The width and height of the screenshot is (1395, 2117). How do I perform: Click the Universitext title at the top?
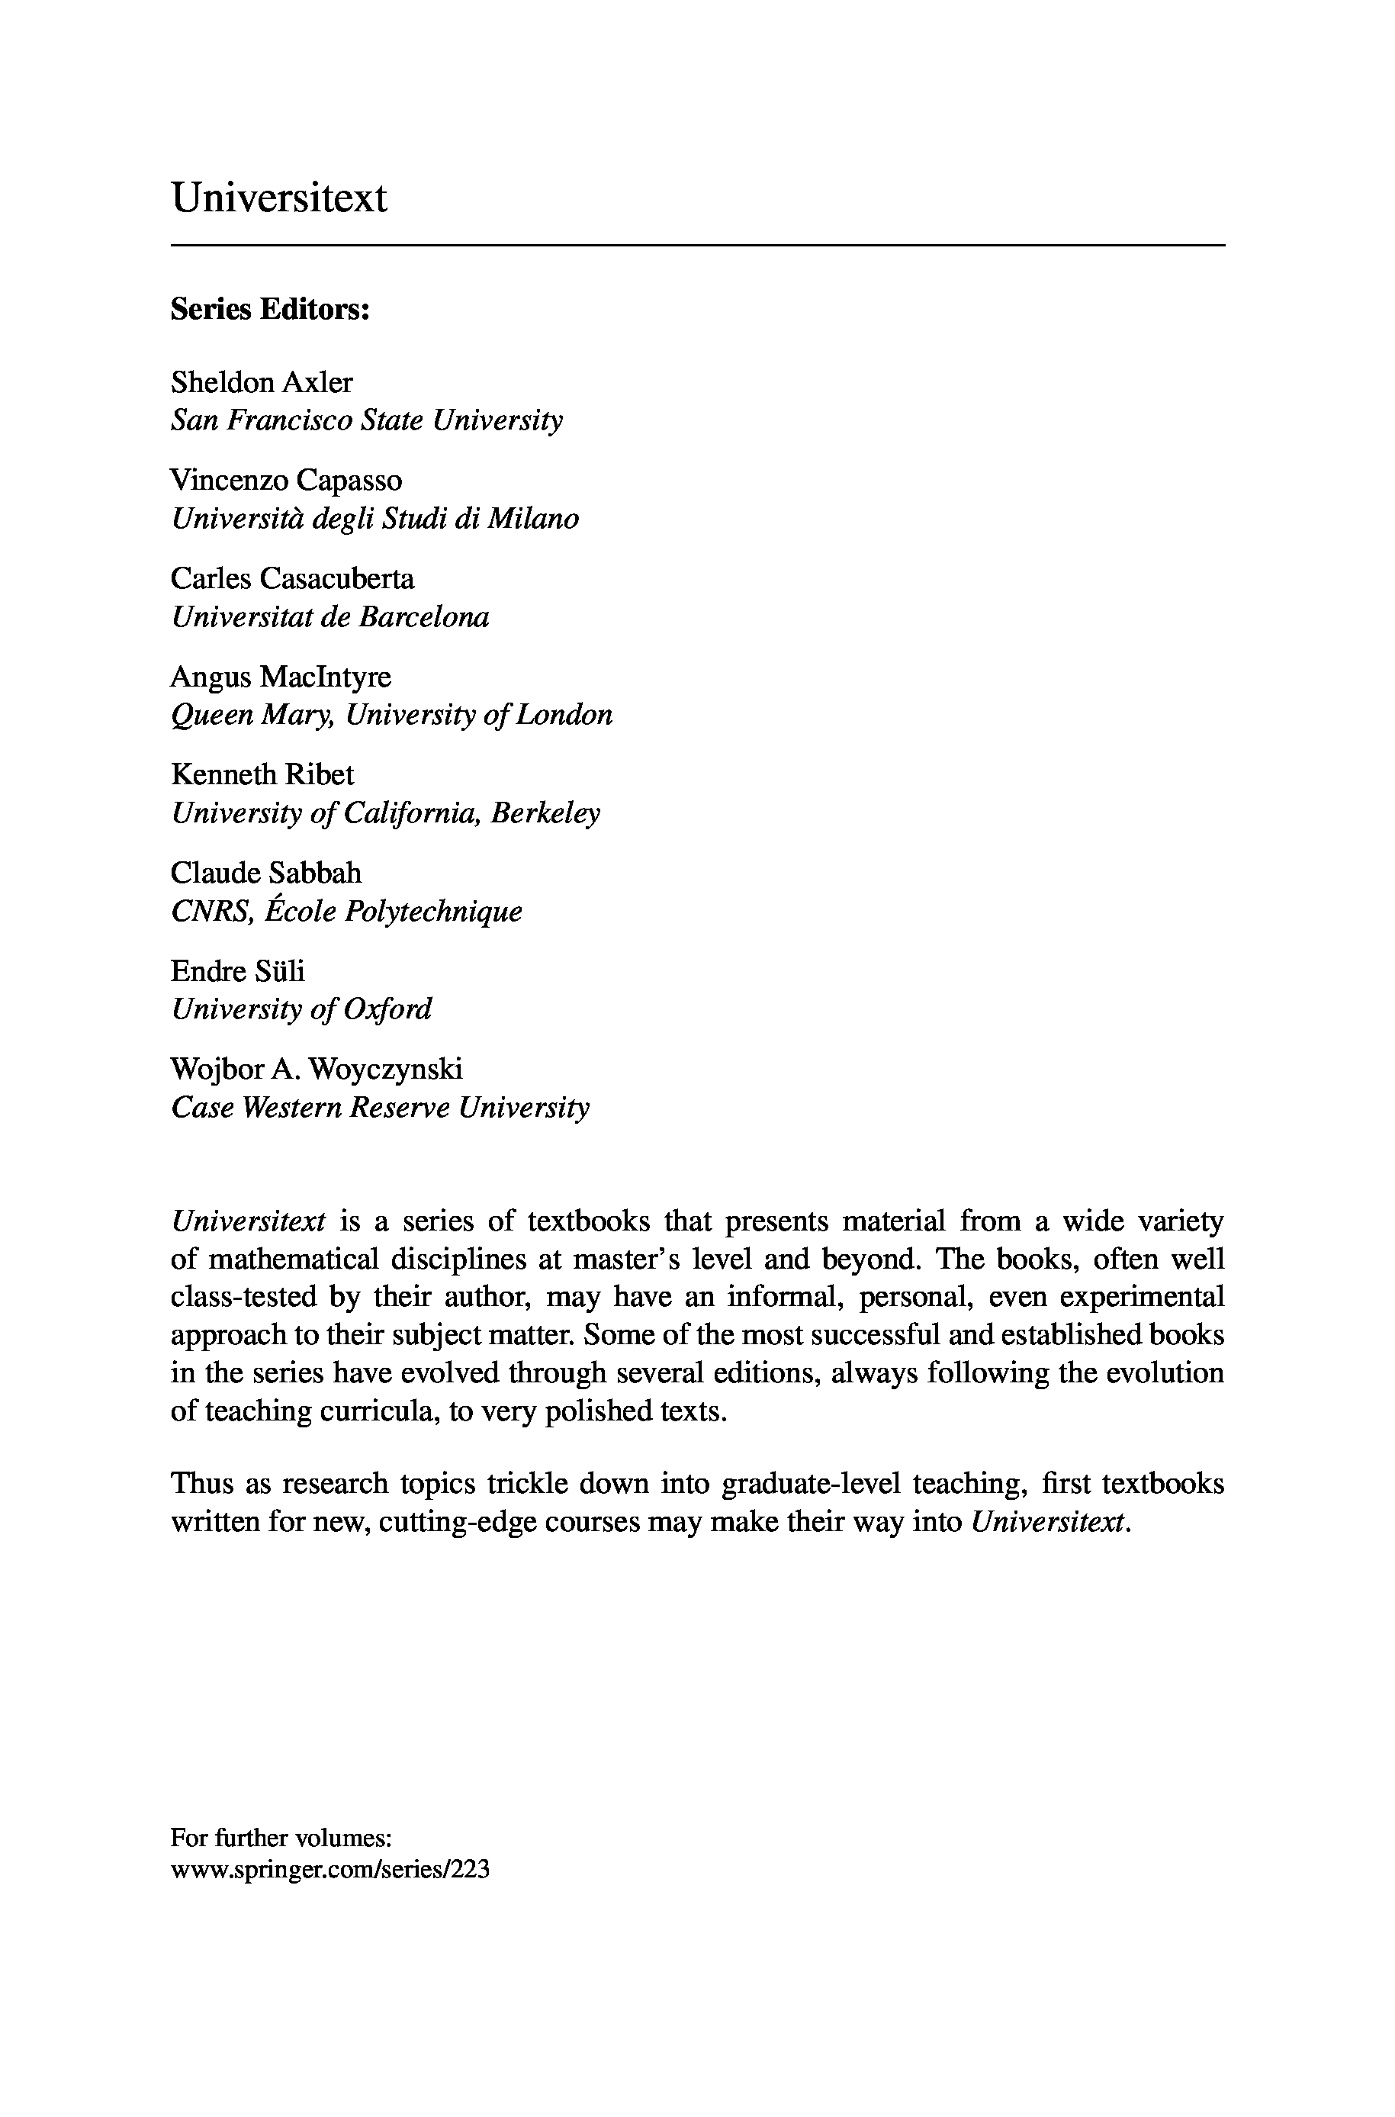coord(278,198)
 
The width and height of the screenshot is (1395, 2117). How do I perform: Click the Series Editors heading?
coord(269,310)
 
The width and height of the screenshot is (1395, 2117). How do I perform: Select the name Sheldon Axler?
coord(262,383)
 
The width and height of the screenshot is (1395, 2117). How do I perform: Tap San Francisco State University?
coord(367,420)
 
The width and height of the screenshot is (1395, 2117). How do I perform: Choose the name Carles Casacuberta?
coord(292,578)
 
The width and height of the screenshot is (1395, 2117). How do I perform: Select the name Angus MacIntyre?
coord(280,677)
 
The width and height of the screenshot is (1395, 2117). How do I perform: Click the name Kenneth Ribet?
coord(262,774)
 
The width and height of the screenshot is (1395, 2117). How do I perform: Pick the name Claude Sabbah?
coord(266,873)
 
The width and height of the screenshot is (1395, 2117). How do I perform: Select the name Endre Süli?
coord(237,971)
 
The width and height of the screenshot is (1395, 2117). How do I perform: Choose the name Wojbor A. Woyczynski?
coord(316,1069)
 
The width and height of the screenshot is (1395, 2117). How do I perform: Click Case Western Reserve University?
coord(380,1108)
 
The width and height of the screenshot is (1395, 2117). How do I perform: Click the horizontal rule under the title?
coord(697,245)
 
